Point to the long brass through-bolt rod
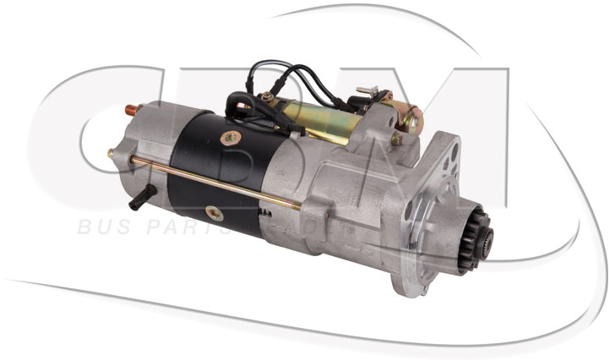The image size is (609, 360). [211, 181]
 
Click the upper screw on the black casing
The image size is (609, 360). [229, 137]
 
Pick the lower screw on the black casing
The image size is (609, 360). [215, 213]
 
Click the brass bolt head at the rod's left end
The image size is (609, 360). [111, 154]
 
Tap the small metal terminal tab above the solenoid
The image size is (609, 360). [366, 90]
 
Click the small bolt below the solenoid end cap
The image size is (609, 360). [396, 139]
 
